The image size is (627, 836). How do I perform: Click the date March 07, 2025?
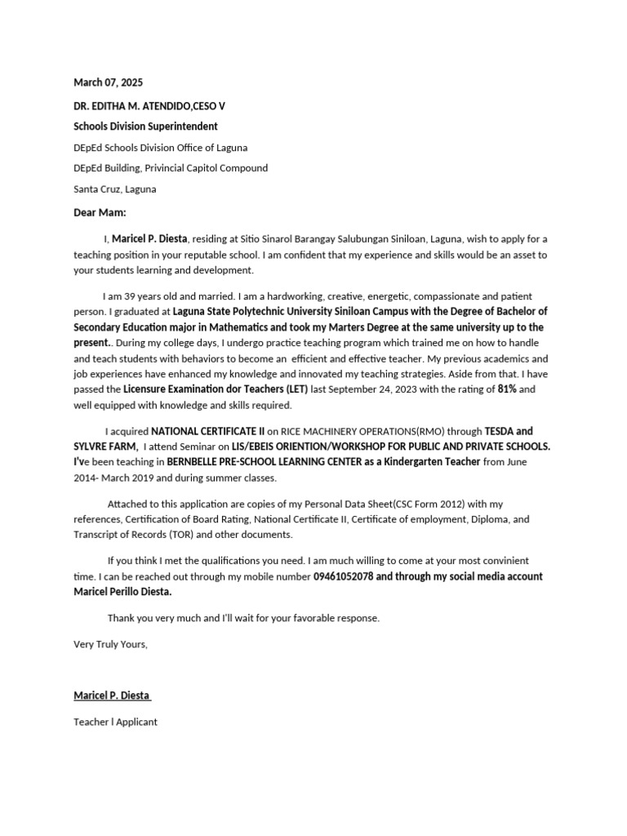point(108,82)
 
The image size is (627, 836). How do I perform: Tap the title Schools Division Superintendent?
point(145,127)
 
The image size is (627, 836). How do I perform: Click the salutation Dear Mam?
point(100,213)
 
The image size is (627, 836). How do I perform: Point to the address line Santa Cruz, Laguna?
point(115,189)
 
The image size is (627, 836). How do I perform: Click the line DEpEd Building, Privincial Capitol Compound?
point(171,168)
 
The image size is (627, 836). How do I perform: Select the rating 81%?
point(507,389)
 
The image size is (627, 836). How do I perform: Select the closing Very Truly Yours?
point(110,644)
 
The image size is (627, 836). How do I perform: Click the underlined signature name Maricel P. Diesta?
point(112,696)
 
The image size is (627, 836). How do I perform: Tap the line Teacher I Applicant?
point(115,722)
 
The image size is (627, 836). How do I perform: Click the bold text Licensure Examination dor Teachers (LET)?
point(216,389)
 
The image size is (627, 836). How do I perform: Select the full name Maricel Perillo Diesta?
point(122,592)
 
